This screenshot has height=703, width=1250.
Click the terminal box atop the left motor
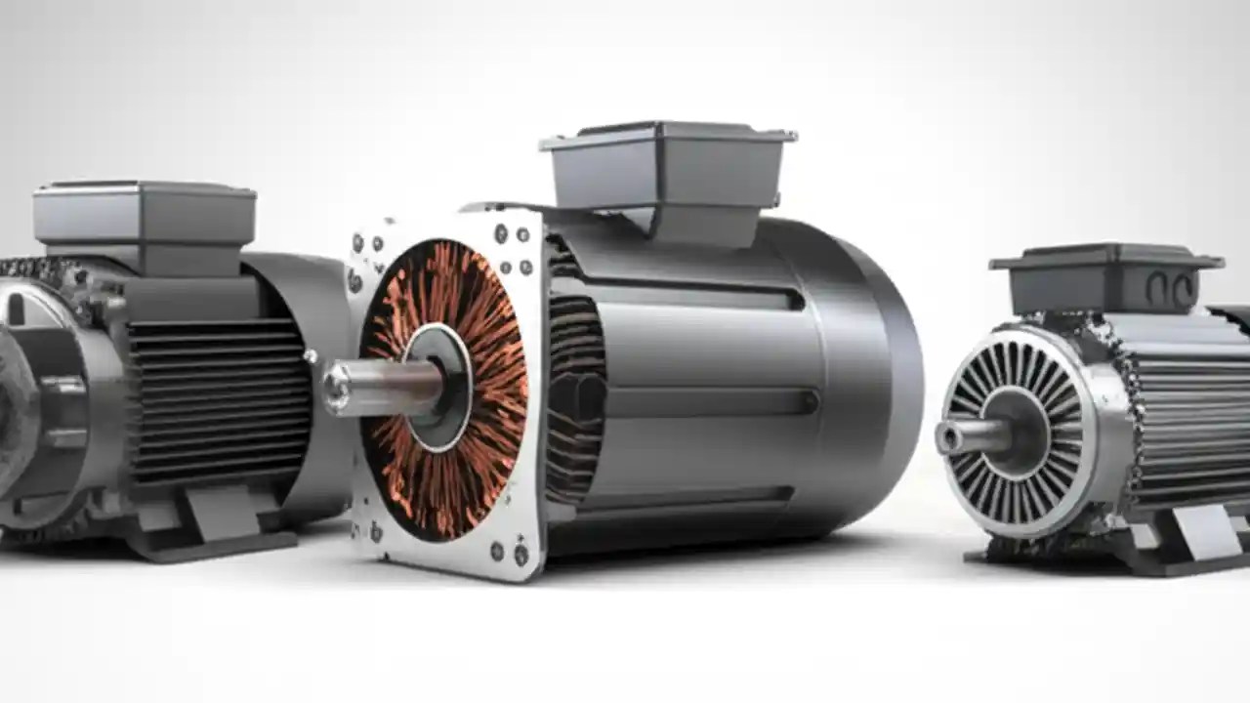145,215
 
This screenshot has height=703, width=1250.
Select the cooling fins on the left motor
220,400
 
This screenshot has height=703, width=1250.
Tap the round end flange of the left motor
39,410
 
